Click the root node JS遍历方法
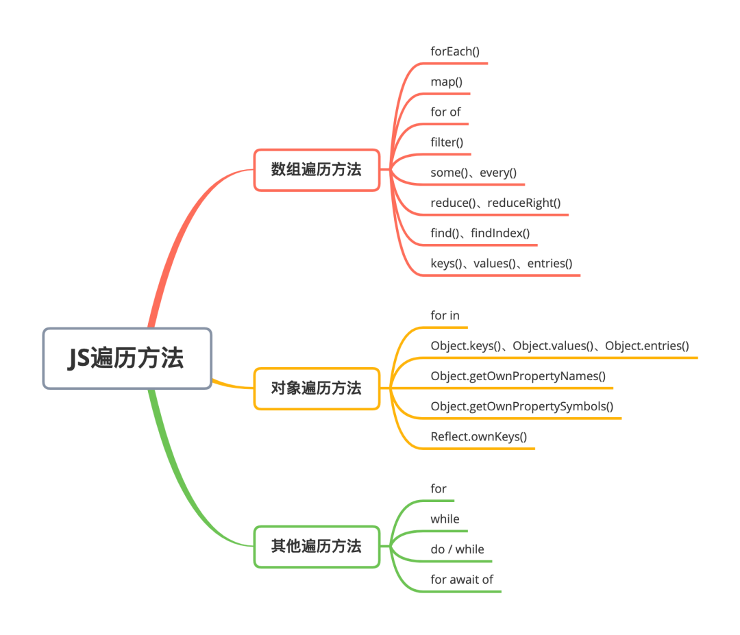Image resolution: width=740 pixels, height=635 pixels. click(x=127, y=358)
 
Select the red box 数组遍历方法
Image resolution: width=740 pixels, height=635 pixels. click(x=316, y=170)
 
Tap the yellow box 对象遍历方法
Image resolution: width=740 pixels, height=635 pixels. click(x=316, y=388)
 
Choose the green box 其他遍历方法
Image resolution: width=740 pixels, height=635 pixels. click(x=316, y=547)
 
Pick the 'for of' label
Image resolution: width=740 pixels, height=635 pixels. click(x=446, y=112)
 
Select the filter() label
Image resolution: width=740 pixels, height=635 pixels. click(x=447, y=142)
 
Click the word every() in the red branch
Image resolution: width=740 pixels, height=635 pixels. click(x=498, y=173)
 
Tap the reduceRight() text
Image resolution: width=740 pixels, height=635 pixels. click(x=524, y=203)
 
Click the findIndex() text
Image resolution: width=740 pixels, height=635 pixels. click(x=500, y=233)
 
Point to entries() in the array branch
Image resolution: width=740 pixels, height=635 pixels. click(x=550, y=263)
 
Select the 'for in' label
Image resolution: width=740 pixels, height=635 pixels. click(x=445, y=316)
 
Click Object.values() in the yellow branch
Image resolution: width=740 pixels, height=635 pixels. click(x=553, y=346)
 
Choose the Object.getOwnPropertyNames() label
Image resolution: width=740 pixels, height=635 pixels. click(x=518, y=376)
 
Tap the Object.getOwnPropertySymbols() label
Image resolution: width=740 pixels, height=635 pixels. click(x=521, y=406)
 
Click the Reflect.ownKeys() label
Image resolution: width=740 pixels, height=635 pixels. click(x=478, y=436)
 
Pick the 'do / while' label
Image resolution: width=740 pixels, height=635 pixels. click(x=457, y=549)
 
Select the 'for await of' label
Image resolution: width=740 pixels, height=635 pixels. click(x=462, y=580)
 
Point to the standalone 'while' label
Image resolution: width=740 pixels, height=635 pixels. click(x=445, y=519)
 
